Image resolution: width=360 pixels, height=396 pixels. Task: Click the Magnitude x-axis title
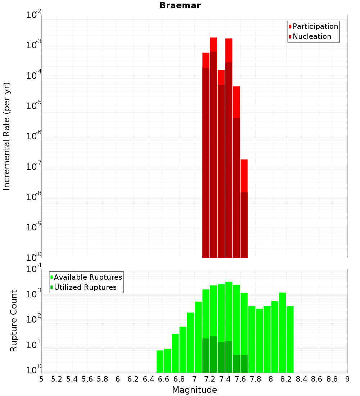194,390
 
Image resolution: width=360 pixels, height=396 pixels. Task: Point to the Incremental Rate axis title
7,136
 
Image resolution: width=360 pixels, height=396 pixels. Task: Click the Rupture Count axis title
14,321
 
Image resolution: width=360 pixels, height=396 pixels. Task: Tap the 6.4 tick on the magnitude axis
148,379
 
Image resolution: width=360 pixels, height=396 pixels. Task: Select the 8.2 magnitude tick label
286,379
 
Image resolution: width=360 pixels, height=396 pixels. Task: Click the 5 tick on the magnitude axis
41,379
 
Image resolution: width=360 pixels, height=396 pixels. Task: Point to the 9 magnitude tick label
347,379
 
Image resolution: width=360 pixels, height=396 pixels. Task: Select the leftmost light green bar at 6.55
160,361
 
